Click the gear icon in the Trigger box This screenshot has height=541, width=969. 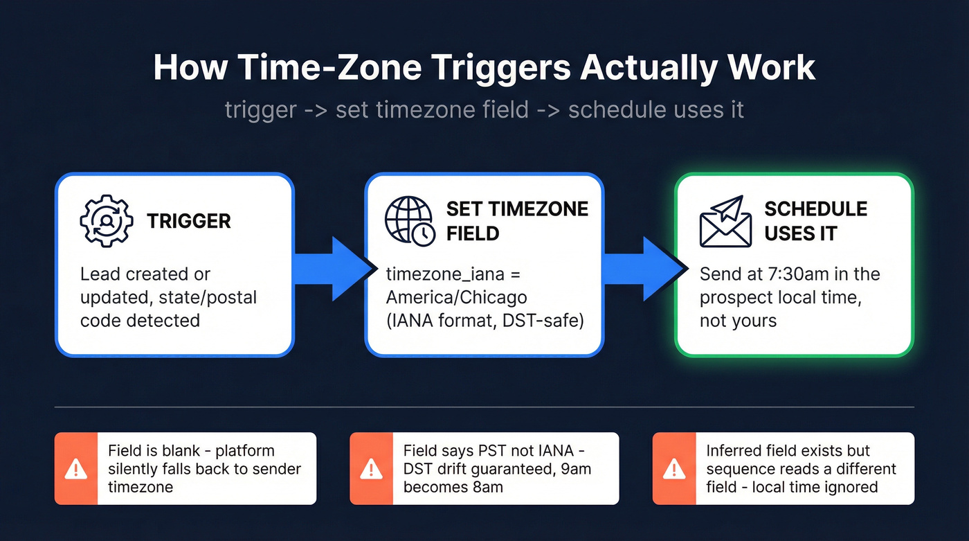(106, 221)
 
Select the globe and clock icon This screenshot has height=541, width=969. (410, 221)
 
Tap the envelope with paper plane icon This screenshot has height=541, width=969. (724, 221)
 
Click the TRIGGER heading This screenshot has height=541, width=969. (188, 222)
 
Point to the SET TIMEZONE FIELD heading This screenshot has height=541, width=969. (516, 221)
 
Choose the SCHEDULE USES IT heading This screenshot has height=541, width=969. (815, 221)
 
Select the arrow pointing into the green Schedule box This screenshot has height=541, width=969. (640, 269)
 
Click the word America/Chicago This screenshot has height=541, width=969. (456, 297)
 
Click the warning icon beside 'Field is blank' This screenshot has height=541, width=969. (75, 469)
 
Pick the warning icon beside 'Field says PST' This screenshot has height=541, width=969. (371, 469)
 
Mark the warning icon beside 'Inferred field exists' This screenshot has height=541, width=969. (673, 469)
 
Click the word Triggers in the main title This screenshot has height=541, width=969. (484, 68)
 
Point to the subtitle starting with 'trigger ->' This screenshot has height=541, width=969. (484, 110)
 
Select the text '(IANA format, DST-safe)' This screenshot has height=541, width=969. (484, 321)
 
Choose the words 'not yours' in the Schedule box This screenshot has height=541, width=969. (738, 321)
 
